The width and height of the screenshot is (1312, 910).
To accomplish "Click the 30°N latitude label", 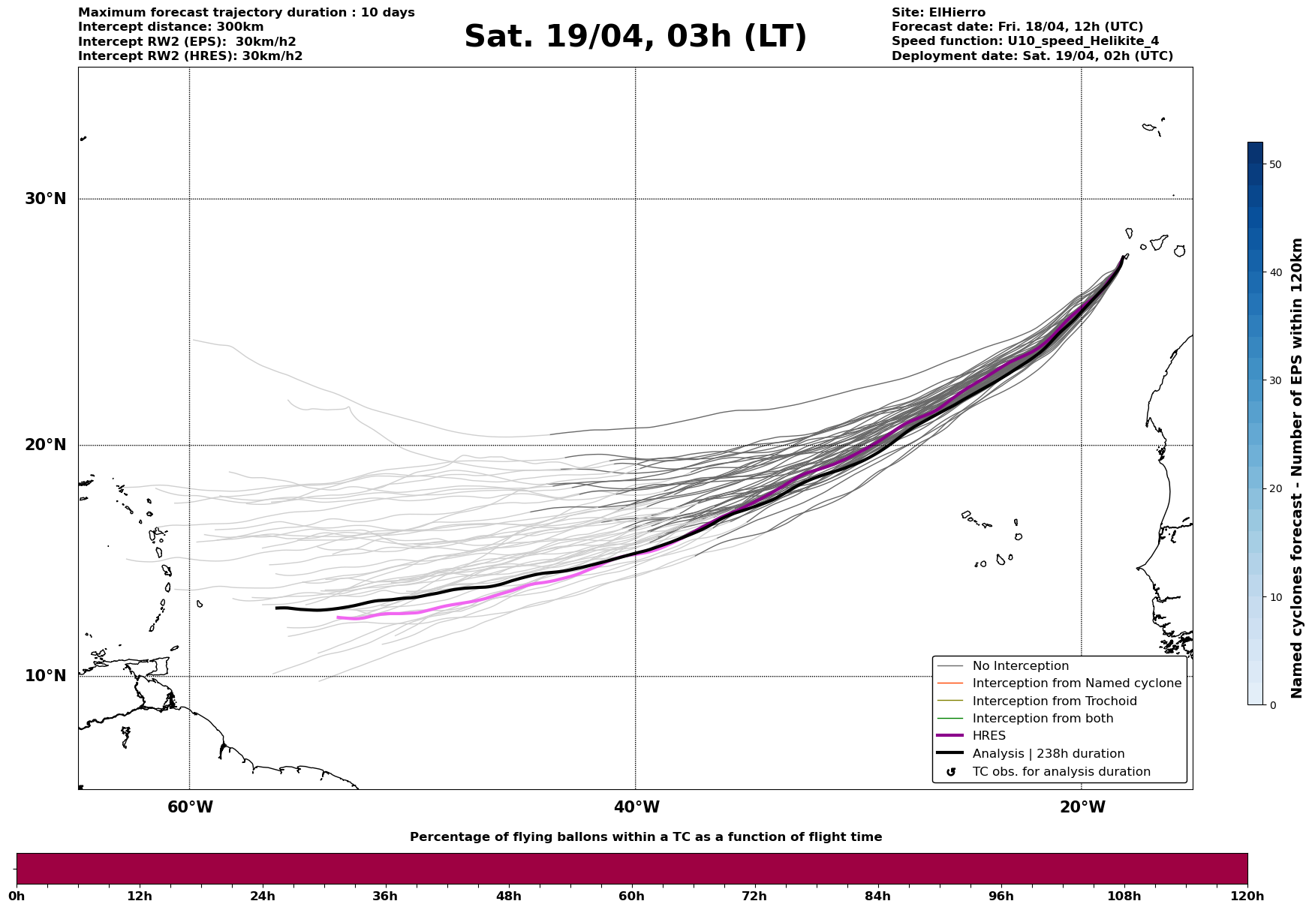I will [x=45, y=199].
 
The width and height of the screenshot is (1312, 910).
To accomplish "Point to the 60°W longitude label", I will [x=190, y=807].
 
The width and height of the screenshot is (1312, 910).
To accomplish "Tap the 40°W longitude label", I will [x=636, y=807].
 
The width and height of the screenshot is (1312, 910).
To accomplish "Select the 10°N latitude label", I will [x=45, y=676].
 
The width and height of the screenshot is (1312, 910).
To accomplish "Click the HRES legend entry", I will [x=989, y=736].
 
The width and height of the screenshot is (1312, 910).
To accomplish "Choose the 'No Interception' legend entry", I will [x=1020, y=666].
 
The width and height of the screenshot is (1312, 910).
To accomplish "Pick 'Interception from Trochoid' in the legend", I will [x=1054, y=701].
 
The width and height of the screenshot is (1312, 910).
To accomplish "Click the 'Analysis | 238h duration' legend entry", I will [x=1048, y=754].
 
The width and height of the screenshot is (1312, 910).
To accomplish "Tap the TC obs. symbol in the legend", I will [x=951, y=772].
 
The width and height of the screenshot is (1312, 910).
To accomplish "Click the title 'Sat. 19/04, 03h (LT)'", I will [x=635, y=37].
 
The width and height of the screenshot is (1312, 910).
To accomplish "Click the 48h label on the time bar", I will [x=508, y=896].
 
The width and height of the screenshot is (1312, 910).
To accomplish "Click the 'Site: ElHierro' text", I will [x=938, y=13].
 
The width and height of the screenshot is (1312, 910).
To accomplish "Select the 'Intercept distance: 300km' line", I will [x=170, y=27].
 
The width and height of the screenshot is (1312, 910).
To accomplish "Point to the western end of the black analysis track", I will [x=277, y=608].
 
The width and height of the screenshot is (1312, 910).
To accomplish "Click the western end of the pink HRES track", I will [x=339, y=617].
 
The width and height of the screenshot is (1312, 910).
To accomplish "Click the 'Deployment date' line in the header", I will [x=1032, y=56].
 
